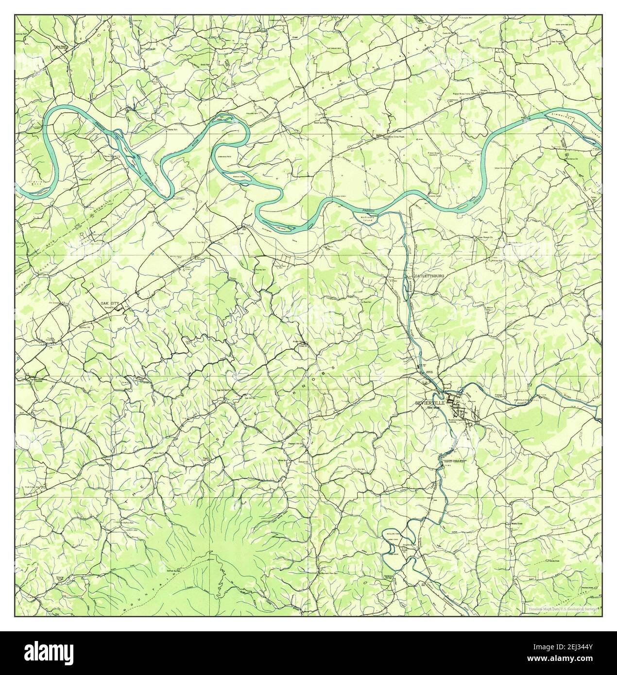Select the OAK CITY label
tap(109, 303)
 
